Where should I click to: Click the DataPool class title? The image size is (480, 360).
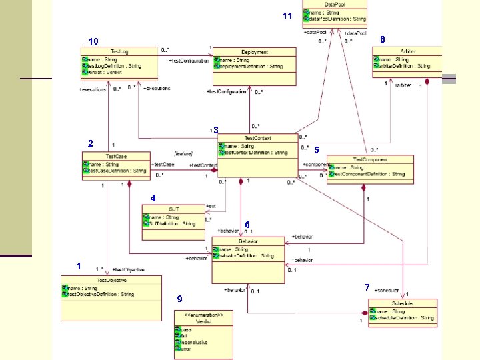click(334, 4)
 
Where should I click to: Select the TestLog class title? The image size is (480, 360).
click(120, 51)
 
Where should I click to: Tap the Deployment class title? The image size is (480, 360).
click(255, 51)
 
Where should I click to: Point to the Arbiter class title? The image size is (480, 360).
click(409, 51)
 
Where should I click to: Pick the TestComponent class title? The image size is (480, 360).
click(369, 160)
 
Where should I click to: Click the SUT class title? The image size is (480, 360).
click(173, 209)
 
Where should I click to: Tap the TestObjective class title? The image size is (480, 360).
click(111, 279)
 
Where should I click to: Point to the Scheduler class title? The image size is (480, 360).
click(404, 303)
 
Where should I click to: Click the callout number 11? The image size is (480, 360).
click(287, 16)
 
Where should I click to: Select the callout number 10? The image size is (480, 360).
click(93, 41)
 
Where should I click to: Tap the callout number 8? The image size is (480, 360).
click(382, 40)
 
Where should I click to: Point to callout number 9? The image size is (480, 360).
click(179, 298)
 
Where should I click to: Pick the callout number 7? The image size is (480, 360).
click(367, 287)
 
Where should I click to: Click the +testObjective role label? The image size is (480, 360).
click(128, 269)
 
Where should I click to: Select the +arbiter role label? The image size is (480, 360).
click(403, 85)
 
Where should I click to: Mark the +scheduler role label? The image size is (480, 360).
click(387, 291)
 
